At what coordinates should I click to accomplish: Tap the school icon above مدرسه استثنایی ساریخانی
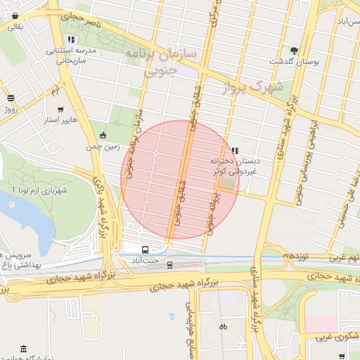(x=70, y=39)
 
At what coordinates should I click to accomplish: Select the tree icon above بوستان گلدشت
(x=294, y=51)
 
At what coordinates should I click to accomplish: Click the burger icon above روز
(x=10, y=98)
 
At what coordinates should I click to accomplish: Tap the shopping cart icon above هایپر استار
(x=61, y=110)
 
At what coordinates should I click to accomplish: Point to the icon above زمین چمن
(x=104, y=135)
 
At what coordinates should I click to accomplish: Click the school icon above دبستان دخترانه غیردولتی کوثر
(x=234, y=150)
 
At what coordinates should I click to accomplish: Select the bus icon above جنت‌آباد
(x=145, y=250)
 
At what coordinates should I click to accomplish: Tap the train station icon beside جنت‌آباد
(x=169, y=264)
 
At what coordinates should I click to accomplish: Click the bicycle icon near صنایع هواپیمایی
(x=223, y=326)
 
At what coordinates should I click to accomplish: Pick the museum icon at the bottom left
(x=24, y=349)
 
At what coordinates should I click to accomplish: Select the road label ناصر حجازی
(x=81, y=20)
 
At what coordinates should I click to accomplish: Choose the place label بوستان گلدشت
(x=307, y=62)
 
